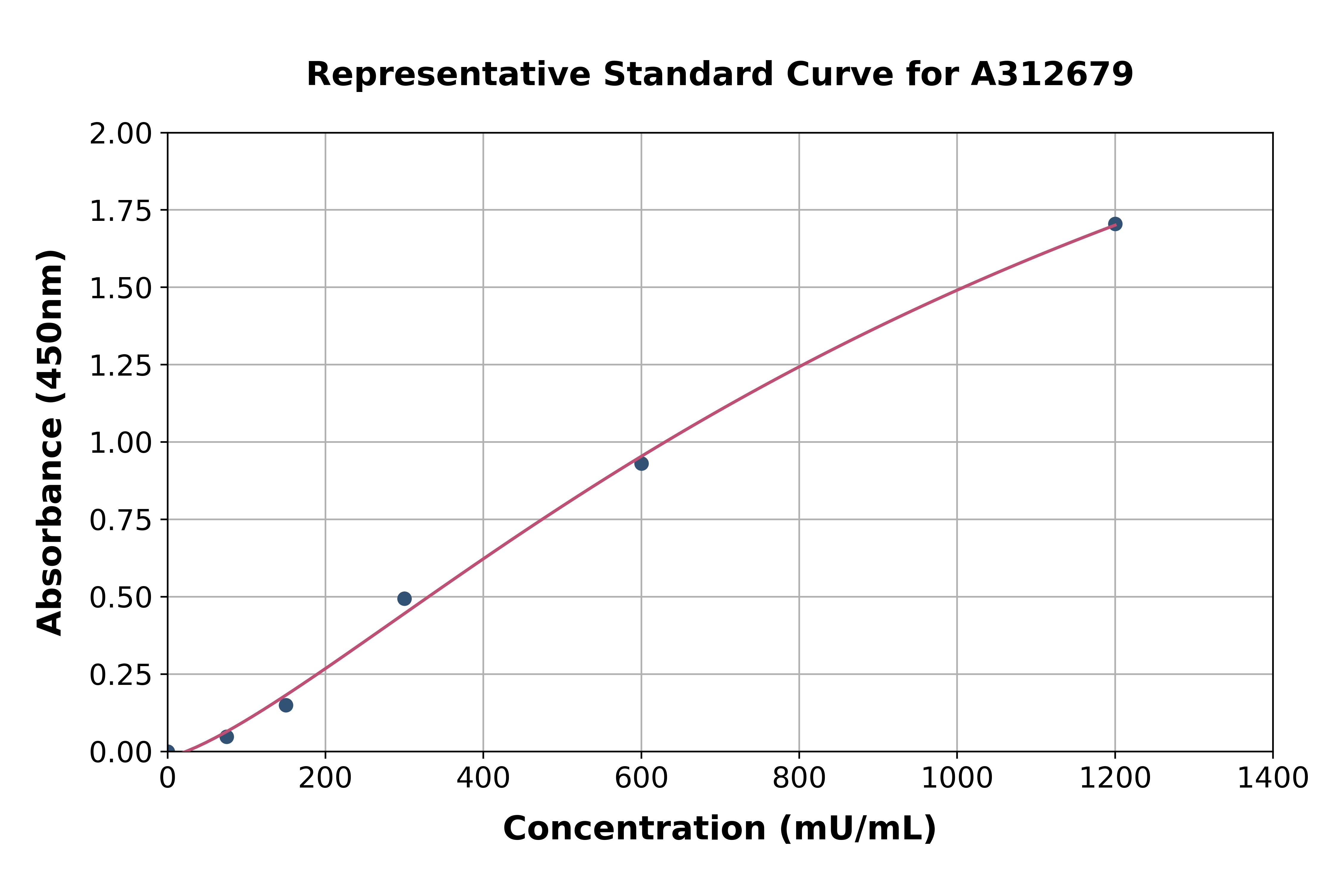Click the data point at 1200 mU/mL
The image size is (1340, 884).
[1115, 224]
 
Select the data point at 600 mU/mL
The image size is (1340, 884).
[641, 463]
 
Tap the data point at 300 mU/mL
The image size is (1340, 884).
[404, 598]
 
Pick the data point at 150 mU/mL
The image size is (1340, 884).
[286, 705]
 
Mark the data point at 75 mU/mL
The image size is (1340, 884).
[227, 736]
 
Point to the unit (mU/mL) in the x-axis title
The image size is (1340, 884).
[857, 829]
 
